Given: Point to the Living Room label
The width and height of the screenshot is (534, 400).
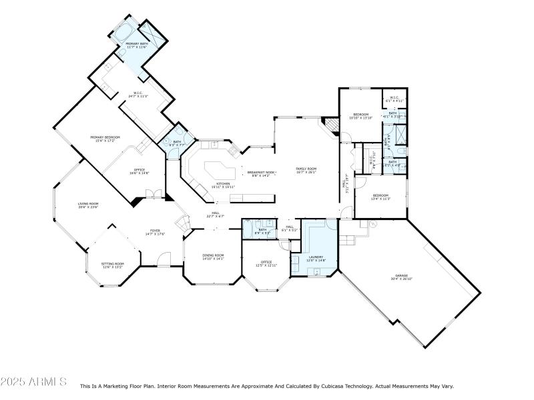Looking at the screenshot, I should click(88, 204).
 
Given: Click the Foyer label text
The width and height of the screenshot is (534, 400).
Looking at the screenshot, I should click(155, 231).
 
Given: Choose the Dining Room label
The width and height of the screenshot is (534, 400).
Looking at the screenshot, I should click(214, 255).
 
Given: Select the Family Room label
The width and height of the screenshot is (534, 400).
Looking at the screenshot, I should click(306, 169).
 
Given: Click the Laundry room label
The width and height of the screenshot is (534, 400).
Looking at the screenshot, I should click(316, 257).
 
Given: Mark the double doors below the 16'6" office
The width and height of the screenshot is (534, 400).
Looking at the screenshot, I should click(154, 195).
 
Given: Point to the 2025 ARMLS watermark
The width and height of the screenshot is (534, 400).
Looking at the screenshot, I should click(33, 382).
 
